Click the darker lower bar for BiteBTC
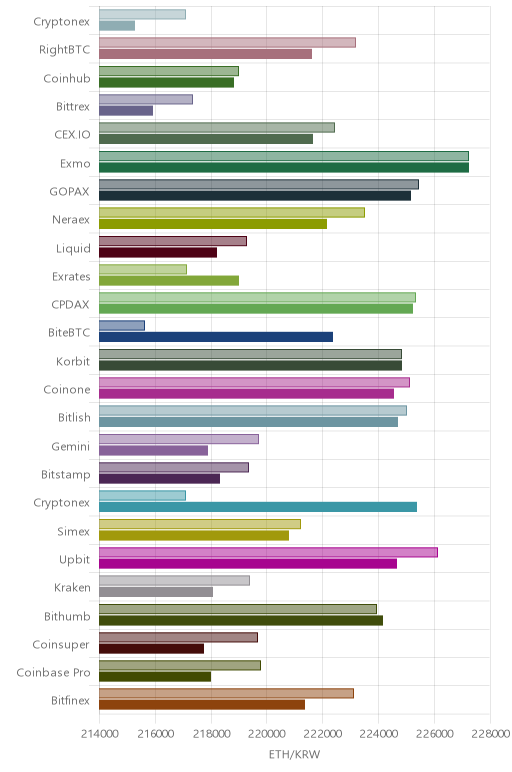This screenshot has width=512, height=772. pos(216,337)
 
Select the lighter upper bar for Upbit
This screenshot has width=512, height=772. pos(268,552)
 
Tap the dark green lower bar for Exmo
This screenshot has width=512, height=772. pos(284,167)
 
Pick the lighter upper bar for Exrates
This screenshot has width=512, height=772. pos(143,269)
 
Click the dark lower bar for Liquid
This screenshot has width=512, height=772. pos(158,253)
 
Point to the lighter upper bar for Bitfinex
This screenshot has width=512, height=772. pos(226,694)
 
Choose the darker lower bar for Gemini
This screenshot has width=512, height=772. pos(153,450)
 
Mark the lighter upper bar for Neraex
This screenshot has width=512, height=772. pos(232,213)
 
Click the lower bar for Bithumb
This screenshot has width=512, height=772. pos(241,620)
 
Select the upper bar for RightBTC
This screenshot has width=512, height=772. pos(227,43)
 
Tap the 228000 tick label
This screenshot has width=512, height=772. pos(490,734)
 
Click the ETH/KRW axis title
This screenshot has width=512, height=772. pos(294,754)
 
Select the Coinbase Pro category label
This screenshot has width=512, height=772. pos(53,673)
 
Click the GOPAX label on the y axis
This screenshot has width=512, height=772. pos(69,192)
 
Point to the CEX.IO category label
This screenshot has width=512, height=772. pos(72,135)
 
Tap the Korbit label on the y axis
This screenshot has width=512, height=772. pos(73,361)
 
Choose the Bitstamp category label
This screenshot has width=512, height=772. pos(65,475)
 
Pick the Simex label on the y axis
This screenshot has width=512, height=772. pos(73,531)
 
